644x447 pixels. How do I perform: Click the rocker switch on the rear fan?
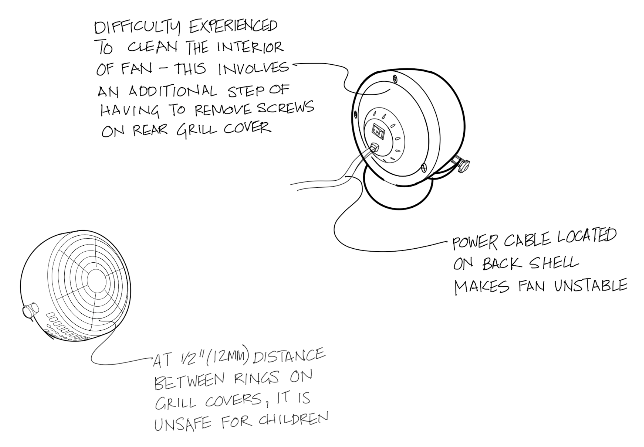tap(379, 131)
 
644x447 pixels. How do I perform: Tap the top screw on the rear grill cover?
tap(395, 79)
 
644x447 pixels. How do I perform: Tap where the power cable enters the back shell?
tap(374, 148)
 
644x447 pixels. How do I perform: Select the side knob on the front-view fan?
tap(30, 310)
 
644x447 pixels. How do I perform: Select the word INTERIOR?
tap(250, 47)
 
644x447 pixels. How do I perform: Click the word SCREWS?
tap(288, 108)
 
